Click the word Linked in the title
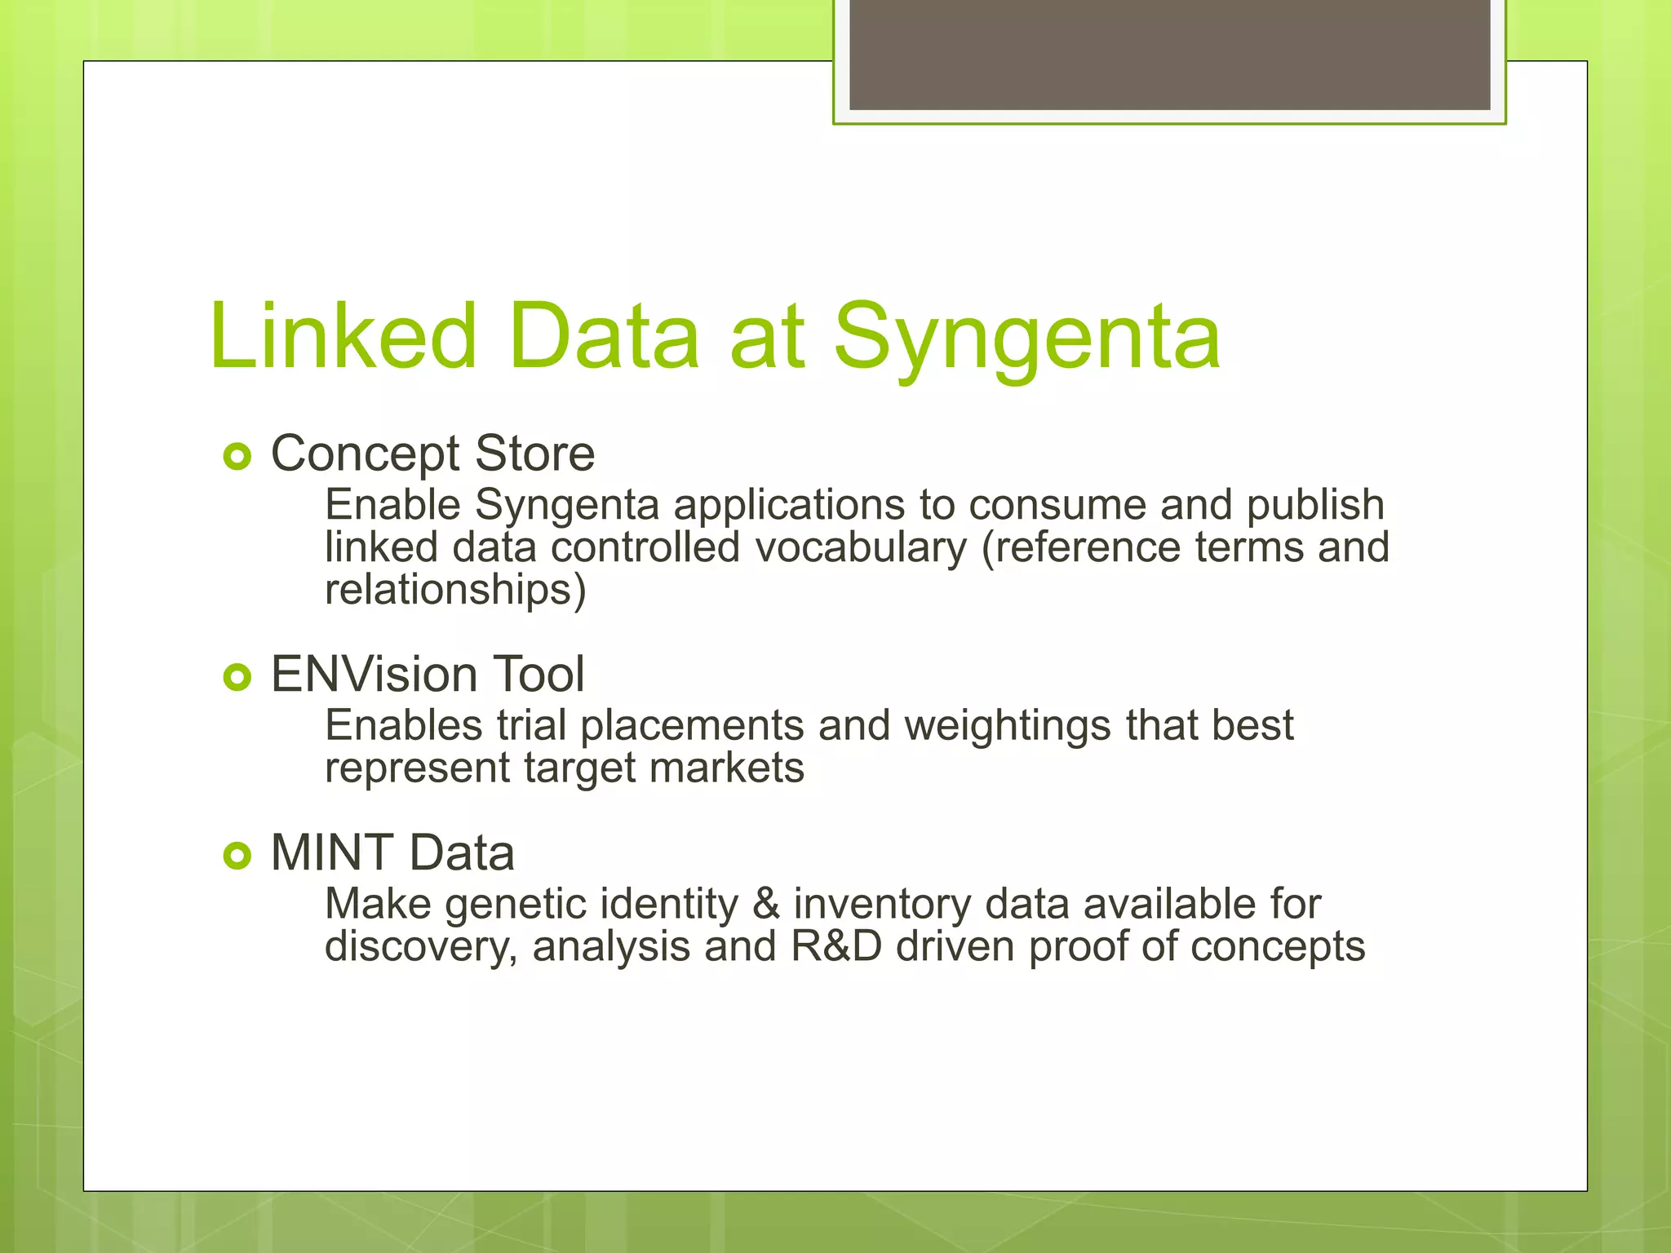tap(343, 336)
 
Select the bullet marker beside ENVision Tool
tap(237, 677)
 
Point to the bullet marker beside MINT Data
tap(237, 855)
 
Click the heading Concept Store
tap(432, 454)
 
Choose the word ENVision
tap(374, 675)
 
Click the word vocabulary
tap(861, 547)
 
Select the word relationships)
tap(455, 590)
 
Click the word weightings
tap(1008, 725)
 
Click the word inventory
tap(882, 905)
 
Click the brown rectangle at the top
tap(1169, 55)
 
